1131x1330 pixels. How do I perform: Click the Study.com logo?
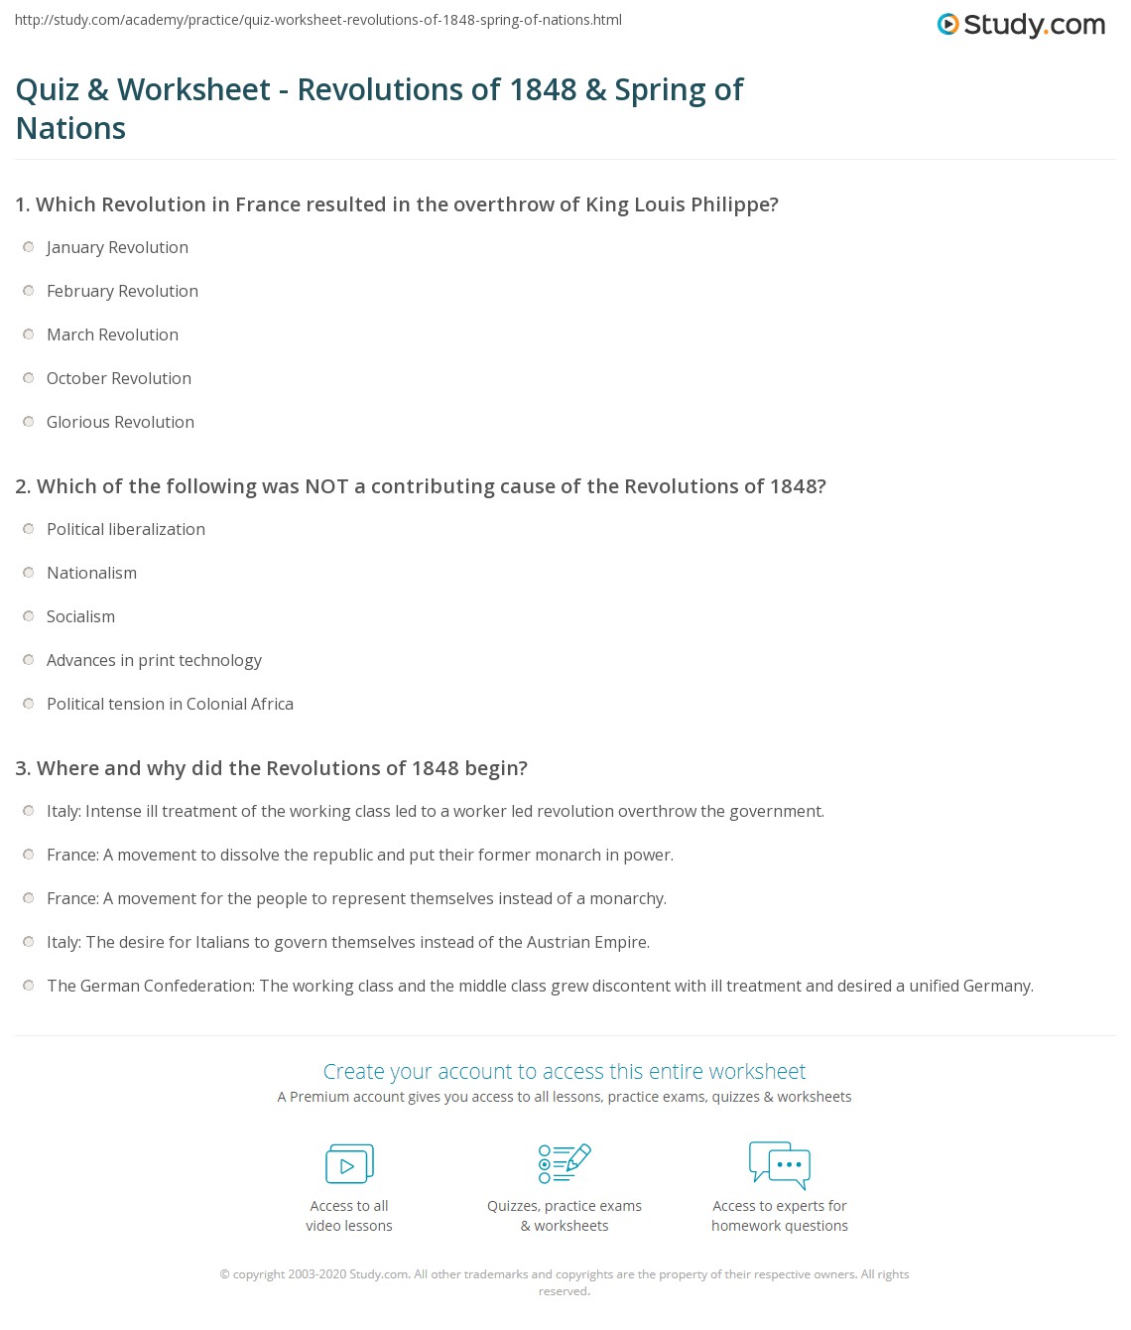click(1021, 24)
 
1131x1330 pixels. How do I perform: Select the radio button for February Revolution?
click(29, 291)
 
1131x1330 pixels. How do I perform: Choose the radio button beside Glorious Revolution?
click(29, 422)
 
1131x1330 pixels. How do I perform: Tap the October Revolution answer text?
click(118, 378)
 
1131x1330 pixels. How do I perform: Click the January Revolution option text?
click(117, 247)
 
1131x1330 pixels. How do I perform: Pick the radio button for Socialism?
click(29, 616)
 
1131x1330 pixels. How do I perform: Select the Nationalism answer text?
click(91, 573)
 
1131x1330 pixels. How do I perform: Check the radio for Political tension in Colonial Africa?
click(29, 704)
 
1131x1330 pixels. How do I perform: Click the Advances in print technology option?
click(154, 660)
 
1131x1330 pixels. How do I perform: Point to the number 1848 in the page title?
click(543, 89)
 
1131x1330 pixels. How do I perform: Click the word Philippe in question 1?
click(733, 204)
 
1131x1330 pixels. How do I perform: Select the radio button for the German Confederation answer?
click(29, 986)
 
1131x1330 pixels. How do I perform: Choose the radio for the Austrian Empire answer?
click(29, 942)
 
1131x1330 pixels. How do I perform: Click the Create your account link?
click(564, 1071)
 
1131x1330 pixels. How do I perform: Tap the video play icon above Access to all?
click(349, 1164)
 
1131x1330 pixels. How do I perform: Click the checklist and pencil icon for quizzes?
click(565, 1163)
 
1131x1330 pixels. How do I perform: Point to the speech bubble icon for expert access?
click(780, 1164)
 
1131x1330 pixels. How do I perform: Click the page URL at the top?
click(318, 20)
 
